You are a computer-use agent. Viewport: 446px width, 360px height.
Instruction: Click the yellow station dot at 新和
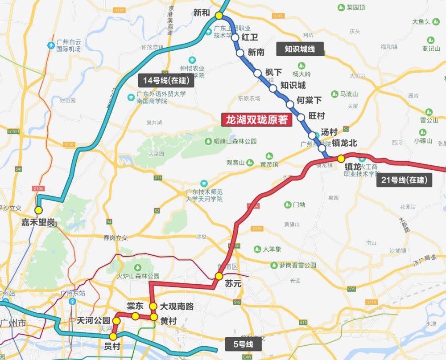tap(219, 16)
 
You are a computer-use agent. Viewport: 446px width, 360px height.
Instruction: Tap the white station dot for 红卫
tap(235, 37)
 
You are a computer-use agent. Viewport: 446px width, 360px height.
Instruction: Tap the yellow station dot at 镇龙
tap(341, 158)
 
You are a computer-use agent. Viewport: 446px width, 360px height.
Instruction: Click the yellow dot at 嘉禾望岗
tap(39, 210)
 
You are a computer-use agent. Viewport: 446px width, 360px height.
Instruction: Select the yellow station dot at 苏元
tap(219, 276)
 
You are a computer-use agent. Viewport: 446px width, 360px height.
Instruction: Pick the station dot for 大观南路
tap(153, 306)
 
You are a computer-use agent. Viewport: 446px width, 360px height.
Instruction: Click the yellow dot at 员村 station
tap(113, 336)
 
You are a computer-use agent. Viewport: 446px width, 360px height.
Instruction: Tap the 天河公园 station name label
tap(93, 320)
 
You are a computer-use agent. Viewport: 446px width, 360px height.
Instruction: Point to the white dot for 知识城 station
tap(273, 88)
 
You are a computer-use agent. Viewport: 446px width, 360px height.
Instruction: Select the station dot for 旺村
tap(301, 118)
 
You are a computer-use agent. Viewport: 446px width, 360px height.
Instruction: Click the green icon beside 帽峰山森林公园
tap(208, 141)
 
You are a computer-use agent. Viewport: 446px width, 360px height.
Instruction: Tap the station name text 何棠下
tap(309, 100)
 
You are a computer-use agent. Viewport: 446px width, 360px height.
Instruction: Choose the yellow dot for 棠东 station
tap(135, 316)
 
